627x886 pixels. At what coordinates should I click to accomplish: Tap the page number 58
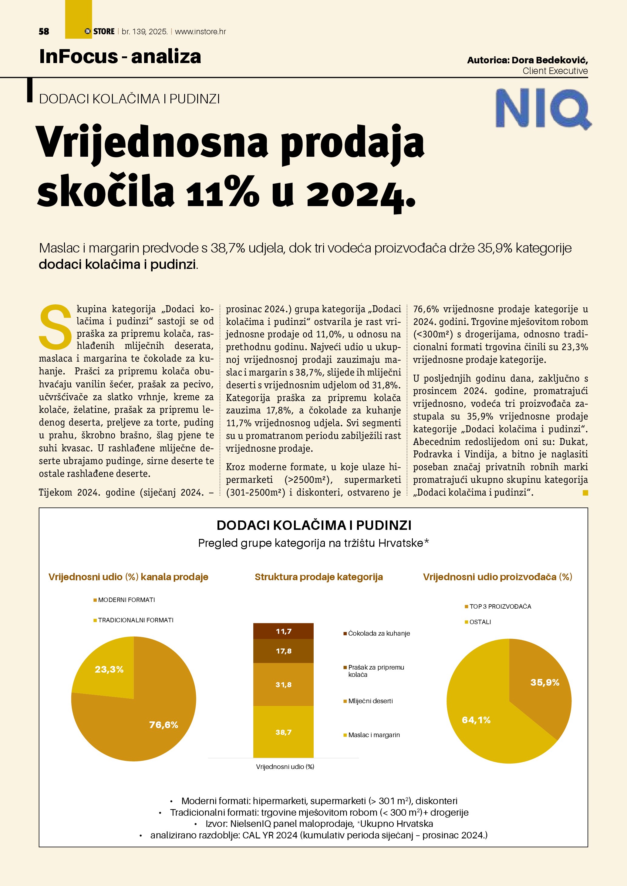[44, 32]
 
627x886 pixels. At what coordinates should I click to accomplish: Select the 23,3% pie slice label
[109, 670]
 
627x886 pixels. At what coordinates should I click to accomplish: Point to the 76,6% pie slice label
[164, 725]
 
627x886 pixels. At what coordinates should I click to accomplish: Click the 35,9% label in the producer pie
[545, 683]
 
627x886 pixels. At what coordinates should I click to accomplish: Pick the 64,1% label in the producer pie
[476, 720]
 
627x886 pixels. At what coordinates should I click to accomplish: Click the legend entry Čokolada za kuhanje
[378, 634]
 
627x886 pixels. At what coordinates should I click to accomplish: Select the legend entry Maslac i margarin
[373, 735]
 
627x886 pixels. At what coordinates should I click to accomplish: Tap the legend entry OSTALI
[480, 622]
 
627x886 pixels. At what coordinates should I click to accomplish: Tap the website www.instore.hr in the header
[201, 32]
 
